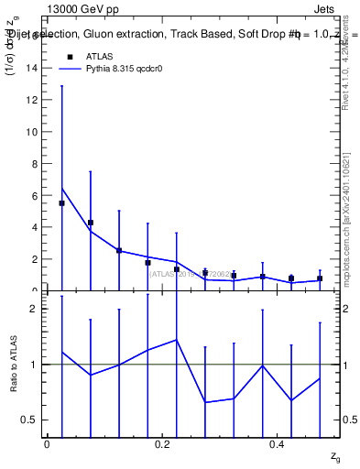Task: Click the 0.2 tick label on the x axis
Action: (162, 444)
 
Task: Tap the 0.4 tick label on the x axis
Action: (277, 444)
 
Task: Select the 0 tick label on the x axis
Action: (47, 444)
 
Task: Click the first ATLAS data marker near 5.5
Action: (61, 203)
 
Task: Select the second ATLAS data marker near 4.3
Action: (91, 223)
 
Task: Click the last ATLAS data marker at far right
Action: (320, 278)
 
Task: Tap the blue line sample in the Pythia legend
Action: (70, 69)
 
